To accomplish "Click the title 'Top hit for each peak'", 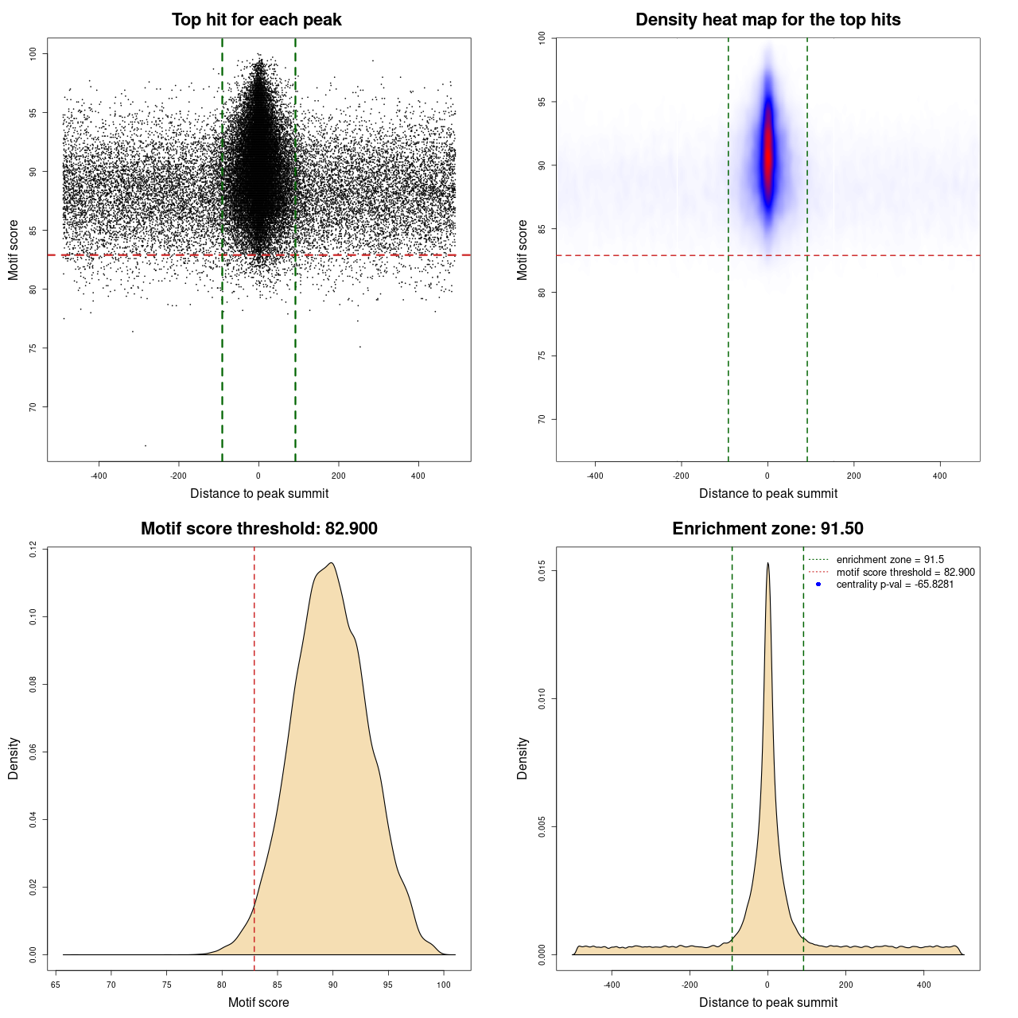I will [256, 20].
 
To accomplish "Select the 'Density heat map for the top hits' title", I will [767, 20].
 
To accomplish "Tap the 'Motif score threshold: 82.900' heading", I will [258, 529].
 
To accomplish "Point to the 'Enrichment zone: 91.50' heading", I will [767, 529].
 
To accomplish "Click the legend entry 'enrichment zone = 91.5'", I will [890, 560].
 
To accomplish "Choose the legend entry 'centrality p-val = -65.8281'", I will [895, 585].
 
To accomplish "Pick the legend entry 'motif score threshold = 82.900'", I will [905, 573].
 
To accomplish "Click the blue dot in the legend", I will [818, 585].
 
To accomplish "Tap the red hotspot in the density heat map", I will [767, 155].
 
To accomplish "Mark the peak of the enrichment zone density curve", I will [767, 564].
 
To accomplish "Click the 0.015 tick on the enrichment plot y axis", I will [542, 571].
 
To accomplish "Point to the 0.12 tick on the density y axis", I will [33, 549].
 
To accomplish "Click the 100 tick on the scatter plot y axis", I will [33, 53].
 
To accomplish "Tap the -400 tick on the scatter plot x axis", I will [99, 476].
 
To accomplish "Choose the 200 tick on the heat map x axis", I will [853, 476].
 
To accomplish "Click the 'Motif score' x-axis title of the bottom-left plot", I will [258, 1002].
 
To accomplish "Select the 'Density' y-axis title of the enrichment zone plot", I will [523, 758].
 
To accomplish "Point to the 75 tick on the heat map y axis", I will [542, 356].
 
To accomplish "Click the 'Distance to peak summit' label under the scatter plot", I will [259, 493].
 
